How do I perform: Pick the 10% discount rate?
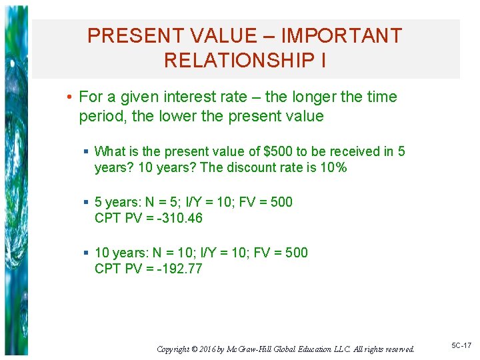pos(333,167)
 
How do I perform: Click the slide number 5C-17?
pos(461,345)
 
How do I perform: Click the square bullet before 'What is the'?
pos(87,152)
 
